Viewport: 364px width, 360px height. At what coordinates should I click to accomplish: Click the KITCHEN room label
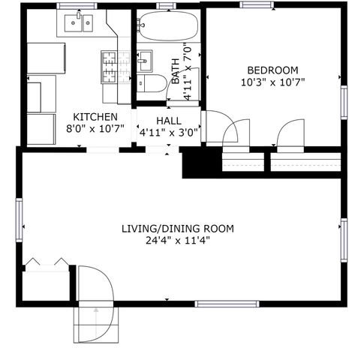95,116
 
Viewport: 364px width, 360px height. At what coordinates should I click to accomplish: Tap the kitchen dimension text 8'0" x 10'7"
95,128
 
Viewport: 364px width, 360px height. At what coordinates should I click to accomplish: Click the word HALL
168,121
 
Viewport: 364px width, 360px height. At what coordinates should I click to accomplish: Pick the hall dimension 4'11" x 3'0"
168,133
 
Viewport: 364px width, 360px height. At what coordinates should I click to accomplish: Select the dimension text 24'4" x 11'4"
178,241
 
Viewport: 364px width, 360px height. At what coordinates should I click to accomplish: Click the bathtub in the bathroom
168,27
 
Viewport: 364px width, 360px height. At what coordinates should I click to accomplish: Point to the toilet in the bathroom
153,83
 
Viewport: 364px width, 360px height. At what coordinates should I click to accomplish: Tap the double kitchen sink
79,24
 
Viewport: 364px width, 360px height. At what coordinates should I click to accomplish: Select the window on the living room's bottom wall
227,304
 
